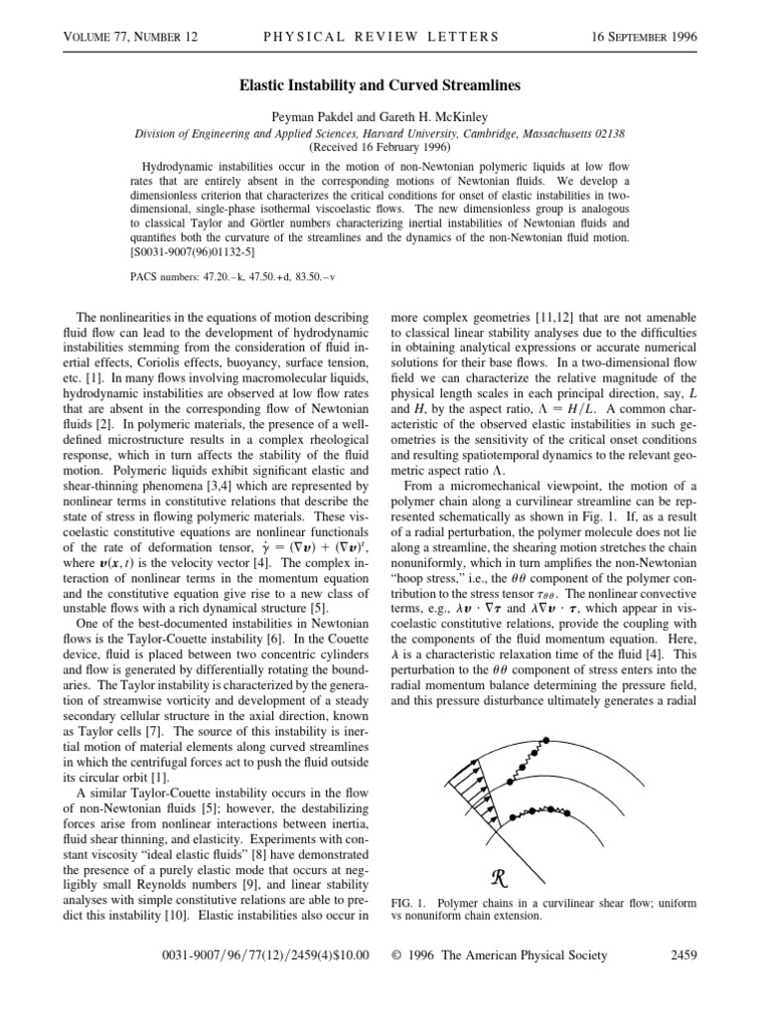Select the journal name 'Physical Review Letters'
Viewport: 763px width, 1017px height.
pos(381,37)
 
